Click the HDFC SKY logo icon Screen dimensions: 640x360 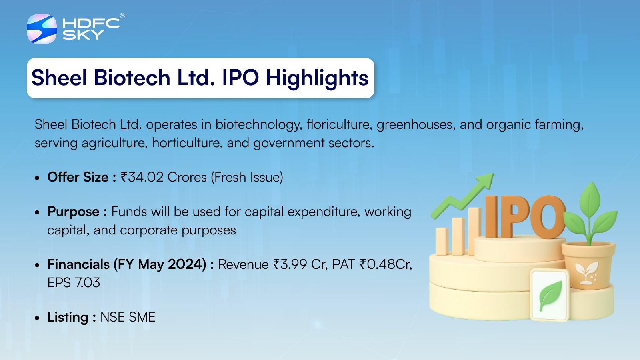tap(42, 29)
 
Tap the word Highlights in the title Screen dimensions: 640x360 tap(317, 78)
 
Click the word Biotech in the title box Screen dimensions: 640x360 tap(132, 78)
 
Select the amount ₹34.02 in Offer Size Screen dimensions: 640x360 tap(142, 177)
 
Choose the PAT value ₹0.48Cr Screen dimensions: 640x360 tap(386, 264)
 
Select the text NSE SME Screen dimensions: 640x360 tap(128, 317)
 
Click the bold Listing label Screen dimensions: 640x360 tap(68, 318)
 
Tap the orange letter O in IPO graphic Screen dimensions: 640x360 tap(548, 217)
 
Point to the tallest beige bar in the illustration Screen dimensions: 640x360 tap(474, 231)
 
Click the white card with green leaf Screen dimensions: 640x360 tap(550, 295)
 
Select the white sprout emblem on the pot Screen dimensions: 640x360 tap(586, 273)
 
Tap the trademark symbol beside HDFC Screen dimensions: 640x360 tap(122, 16)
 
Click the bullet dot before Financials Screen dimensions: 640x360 tap(37, 265)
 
